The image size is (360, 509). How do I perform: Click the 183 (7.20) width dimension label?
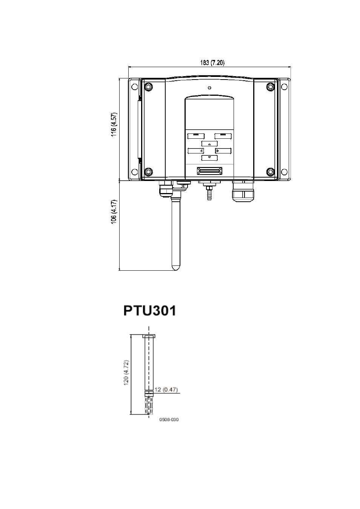(x=212, y=63)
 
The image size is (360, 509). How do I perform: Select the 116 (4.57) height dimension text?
(x=114, y=124)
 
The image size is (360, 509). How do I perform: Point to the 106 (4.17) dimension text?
(x=114, y=212)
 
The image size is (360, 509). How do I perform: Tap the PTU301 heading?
(x=150, y=311)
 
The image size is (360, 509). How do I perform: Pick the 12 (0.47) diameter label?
(x=166, y=389)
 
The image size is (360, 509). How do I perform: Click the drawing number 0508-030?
(x=169, y=420)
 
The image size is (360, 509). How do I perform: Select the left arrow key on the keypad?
(x=196, y=151)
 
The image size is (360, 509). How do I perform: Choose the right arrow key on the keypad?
(x=223, y=151)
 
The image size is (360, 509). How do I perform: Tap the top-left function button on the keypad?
(x=196, y=136)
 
